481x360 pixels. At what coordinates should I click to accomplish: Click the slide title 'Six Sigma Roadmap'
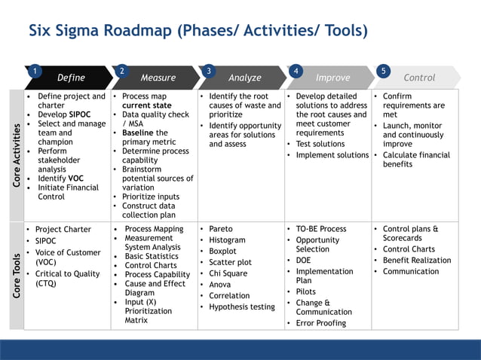pyautogui.click(x=198, y=31)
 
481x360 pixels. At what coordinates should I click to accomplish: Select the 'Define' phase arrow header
pyautogui.click(x=71, y=78)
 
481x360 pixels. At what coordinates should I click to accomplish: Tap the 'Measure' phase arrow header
pyautogui.click(x=158, y=78)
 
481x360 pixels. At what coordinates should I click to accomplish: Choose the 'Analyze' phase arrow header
pyautogui.click(x=244, y=78)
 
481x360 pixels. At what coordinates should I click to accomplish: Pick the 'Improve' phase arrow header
pyautogui.click(x=332, y=78)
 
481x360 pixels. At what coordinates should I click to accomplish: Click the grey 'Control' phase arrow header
pyautogui.click(x=419, y=78)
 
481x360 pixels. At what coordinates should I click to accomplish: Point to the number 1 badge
pyautogui.click(x=35, y=71)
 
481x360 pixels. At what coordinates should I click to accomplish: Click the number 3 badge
pyautogui.click(x=209, y=71)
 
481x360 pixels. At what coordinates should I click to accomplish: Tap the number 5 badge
pyautogui.click(x=384, y=71)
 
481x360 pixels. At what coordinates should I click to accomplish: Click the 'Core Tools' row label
pyautogui.click(x=16, y=274)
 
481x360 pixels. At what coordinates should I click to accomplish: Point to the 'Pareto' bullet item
pyautogui.click(x=221, y=229)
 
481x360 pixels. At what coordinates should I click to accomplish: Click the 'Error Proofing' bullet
pyautogui.click(x=320, y=323)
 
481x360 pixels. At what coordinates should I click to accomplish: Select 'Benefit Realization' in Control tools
pyautogui.click(x=417, y=261)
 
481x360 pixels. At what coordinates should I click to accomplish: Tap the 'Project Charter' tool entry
pyautogui.click(x=63, y=230)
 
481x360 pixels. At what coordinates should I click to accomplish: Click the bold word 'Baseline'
pyautogui.click(x=138, y=133)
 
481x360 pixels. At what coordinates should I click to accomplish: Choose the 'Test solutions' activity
pyautogui.click(x=320, y=144)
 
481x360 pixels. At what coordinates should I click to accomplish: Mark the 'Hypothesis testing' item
pyautogui.click(x=241, y=307)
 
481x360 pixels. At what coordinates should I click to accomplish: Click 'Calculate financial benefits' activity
pyautogui.click(x=416, y=160)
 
